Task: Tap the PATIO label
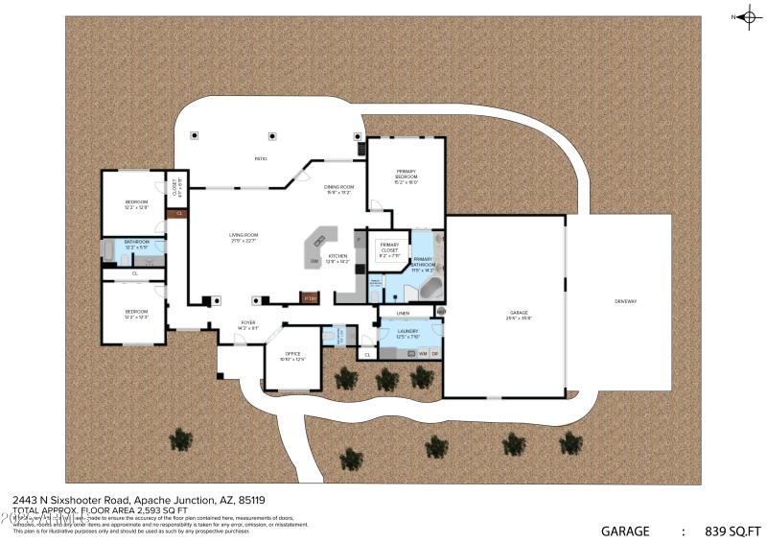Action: (260, 158)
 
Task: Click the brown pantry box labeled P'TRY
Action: (309, 298)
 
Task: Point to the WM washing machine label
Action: (422, 353)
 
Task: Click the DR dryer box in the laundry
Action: (434, 353)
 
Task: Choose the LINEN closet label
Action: (403, 314)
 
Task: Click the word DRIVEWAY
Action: (625, 302)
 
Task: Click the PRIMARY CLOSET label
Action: (389, 248)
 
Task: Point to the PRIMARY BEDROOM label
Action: (407, 174)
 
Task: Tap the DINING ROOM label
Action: (338, 187)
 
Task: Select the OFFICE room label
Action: (292, 354)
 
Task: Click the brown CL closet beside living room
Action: (179, 213)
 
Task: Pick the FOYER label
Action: (247, 323)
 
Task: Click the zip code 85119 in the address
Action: (251, 500)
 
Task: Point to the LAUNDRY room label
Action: (408, 331)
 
